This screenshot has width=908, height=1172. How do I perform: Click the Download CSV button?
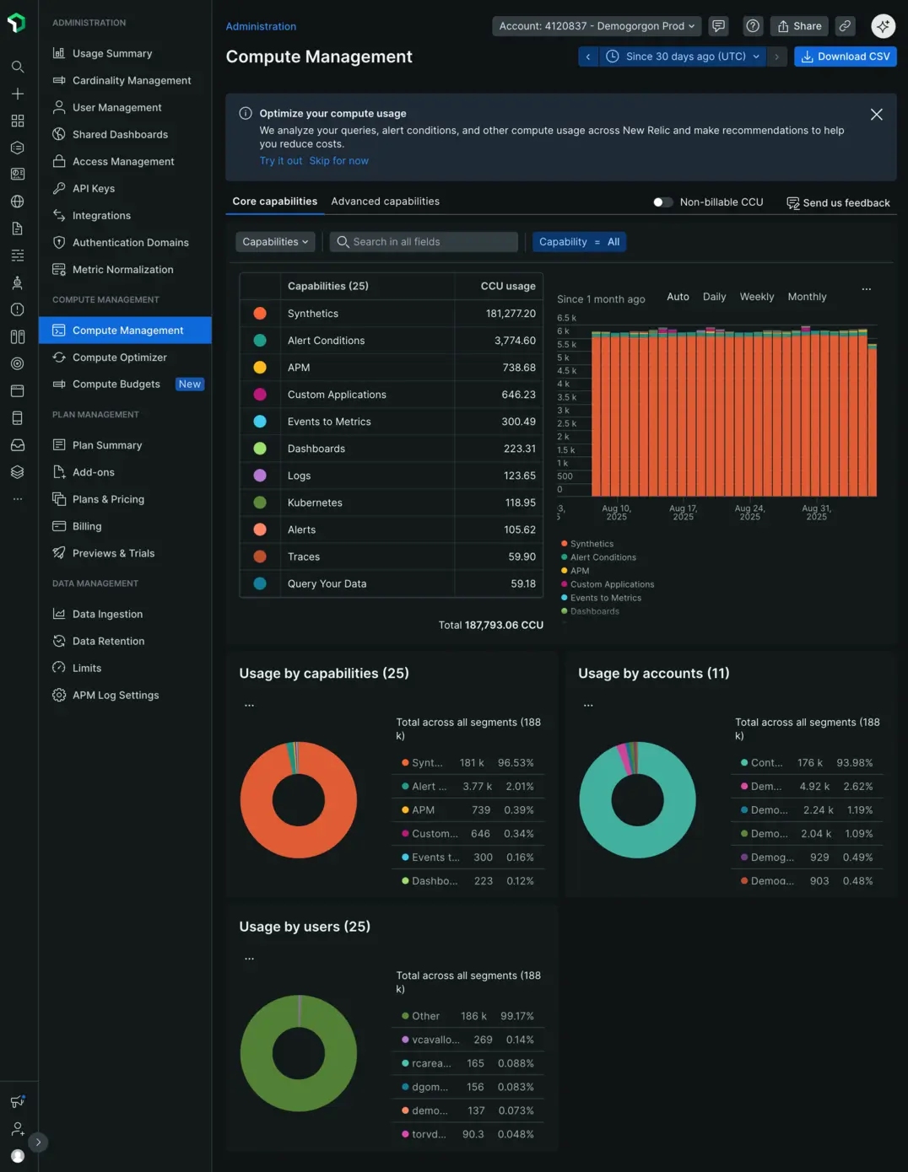pos(845,56)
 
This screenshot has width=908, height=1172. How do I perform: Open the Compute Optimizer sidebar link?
pos(119,358)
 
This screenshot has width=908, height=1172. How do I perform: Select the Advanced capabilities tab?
pos(385,202)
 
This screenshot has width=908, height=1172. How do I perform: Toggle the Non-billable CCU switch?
pos(663,202)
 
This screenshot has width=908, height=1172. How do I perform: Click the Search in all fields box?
pos(424,242)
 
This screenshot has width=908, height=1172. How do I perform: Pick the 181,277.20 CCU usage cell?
pos(511,314)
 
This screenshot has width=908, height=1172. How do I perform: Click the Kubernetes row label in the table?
pos(315,503)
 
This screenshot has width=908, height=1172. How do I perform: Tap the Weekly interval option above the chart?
pos(756,297)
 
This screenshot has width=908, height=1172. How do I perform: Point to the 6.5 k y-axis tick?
pos(566,318)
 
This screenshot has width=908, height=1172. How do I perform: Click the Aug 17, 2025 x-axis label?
pos(683,513)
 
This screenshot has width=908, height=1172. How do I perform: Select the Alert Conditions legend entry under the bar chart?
pos(603,557)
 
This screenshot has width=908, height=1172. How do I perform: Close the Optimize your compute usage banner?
pos(877,115)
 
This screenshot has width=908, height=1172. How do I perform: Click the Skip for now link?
pos(338,161)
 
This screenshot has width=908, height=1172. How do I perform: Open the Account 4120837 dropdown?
pos(597,26)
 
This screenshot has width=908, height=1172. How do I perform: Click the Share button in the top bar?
pos(798,26)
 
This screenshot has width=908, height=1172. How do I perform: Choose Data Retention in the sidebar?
pos(108,641)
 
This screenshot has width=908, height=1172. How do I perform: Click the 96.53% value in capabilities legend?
pos(516,763)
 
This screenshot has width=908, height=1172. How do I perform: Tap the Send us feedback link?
pos(838,203)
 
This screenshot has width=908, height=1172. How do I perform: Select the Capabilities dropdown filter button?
pos(275,242)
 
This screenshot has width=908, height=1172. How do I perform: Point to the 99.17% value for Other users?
pos(516,1016)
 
